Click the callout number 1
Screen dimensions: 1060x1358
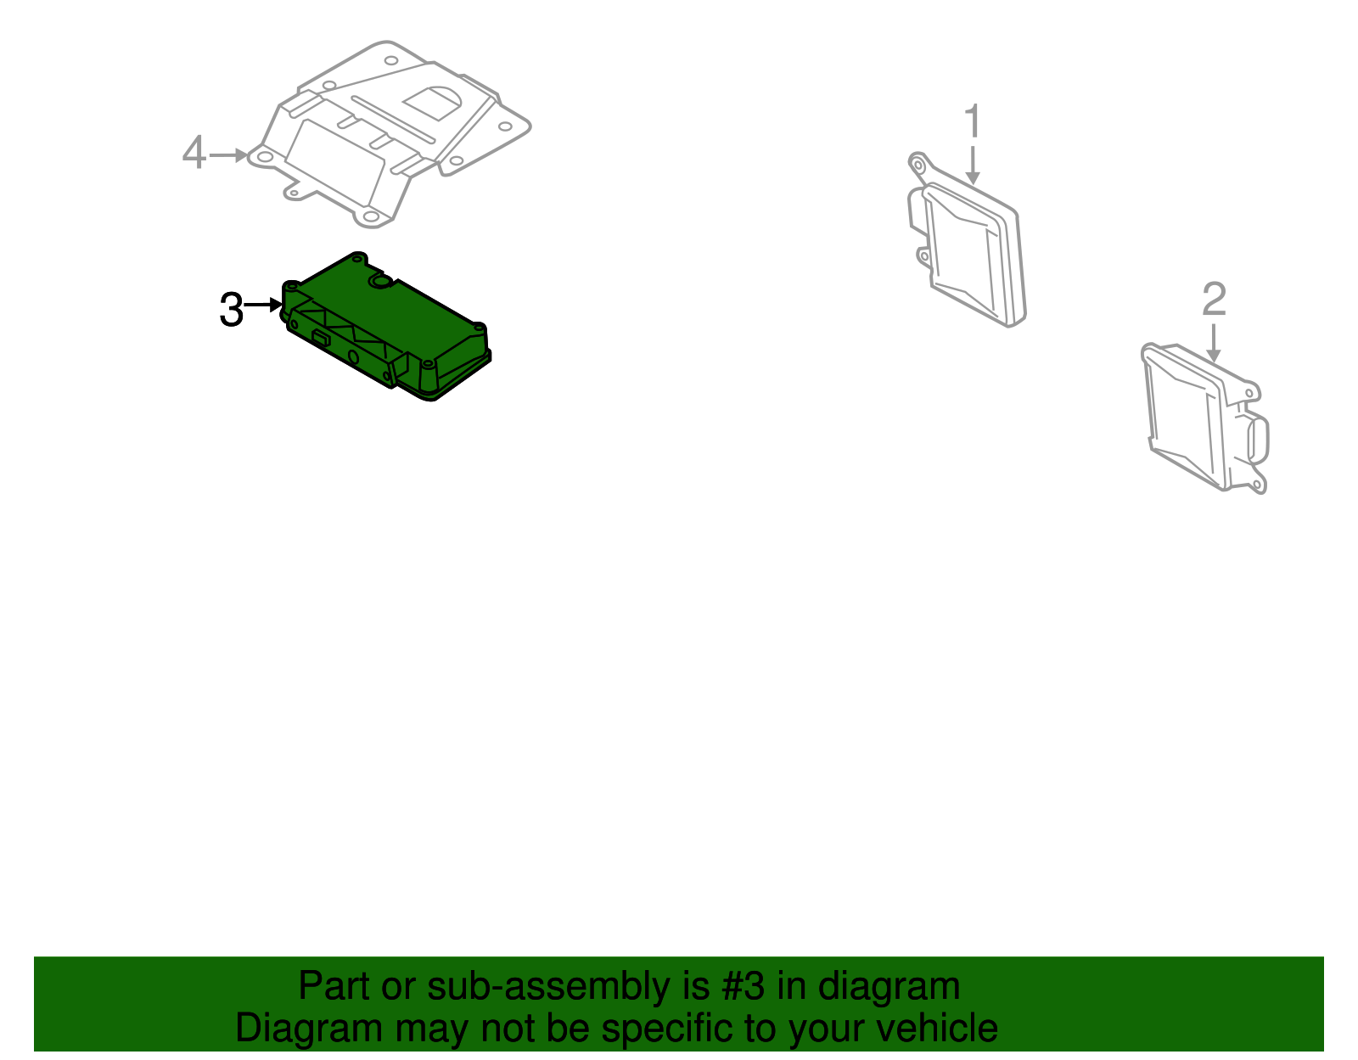[973, 122]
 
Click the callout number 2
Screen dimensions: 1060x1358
[1214, 300]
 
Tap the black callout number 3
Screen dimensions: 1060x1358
[231, 310]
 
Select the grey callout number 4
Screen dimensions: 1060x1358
[194, 154]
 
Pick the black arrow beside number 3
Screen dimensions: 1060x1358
[263, 304]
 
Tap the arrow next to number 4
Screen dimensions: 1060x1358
[227, 155]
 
